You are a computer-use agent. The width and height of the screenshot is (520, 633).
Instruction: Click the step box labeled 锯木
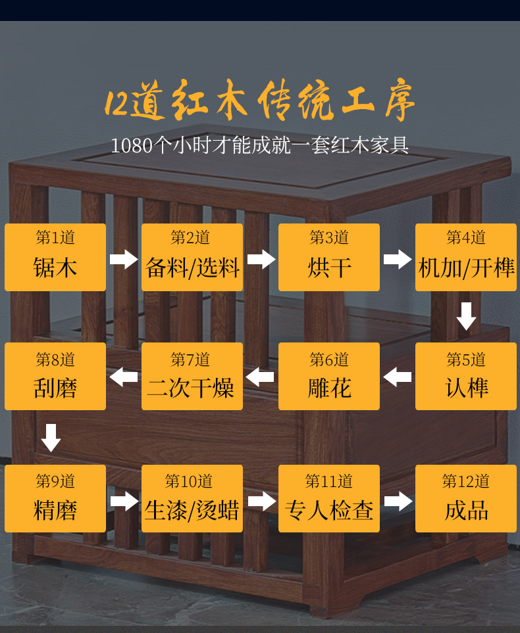pyautogui.click(x=55, y=257)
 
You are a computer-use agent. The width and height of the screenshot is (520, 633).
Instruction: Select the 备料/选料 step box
pyautogui.click(x=192, y=257)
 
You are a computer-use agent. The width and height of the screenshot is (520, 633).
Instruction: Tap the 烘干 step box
pyautogui.click(x=329, y=257)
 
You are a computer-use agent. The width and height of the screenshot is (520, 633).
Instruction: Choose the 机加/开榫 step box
pyautogui.click(x=466, y=257)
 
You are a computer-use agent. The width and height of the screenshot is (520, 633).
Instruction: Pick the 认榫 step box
pyautogui.click(x=466, y=377)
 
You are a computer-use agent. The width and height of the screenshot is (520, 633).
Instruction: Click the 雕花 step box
pyautogui.click(x=329, y=377)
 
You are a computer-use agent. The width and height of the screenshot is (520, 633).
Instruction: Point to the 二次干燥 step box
pyautogui.click(x=192, y=377)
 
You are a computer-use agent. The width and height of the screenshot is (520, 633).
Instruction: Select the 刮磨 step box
pyautogui.click(x=55, y=377)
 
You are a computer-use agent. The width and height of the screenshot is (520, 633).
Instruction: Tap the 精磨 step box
pyautogui.click(x=55, y=498)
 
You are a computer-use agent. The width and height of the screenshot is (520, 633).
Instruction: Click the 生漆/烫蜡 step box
pyautogui.click(x=192, y=498)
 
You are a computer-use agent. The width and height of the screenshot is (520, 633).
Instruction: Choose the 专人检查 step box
pyautogui.click(x=329, y=498)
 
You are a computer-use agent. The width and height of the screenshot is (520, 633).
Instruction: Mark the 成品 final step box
pyautogui.click(x=466, y=498)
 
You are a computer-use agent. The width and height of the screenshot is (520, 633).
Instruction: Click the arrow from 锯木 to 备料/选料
pyautogui.click(x=124, y=258)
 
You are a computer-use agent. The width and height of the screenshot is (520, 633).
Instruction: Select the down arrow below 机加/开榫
pyautogui.click(x=466, y=316)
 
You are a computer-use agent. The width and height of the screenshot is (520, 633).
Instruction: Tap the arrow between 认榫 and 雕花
pyautogui.click(x=398, y=377)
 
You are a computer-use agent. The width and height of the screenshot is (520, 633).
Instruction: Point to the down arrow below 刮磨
pyautogui.click(x=51, y=437)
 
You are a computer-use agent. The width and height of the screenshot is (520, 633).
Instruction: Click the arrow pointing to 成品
pyautogui.click(x=398, y=502)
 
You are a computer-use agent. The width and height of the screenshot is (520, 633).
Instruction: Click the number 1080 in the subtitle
pyautogui.click(x=131, y=145)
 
